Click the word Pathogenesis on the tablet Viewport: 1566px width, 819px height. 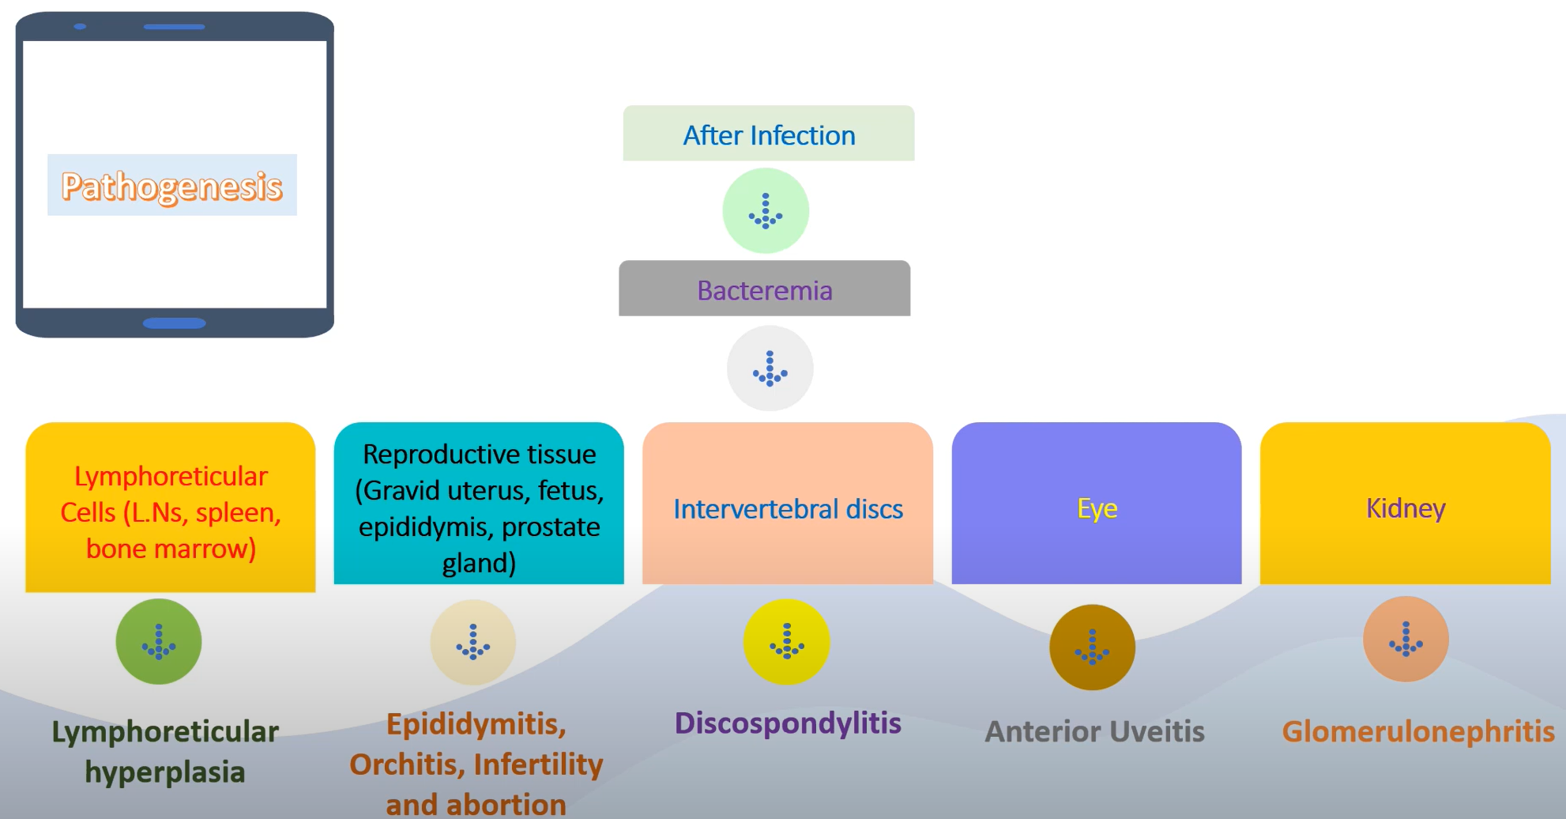tap(172, 187)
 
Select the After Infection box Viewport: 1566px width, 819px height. tap(769, 134)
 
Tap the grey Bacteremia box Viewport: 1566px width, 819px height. tap(764, 289)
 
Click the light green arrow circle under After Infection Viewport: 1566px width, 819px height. tap(766, 211)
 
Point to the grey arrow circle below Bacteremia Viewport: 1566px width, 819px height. tap(770, 368)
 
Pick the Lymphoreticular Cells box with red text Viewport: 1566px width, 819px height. tap(171, 510)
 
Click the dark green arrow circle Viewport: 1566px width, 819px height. tap(159, 641)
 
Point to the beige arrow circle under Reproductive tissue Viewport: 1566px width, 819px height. tap(473, 641)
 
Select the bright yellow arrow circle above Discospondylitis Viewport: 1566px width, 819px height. tap(787, 641)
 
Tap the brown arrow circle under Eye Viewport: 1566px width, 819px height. tap(1093, 647)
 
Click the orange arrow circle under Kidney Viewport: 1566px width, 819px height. tap(1406, 639)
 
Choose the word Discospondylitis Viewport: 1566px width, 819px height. tap(788, 723)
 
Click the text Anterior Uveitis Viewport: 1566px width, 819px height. tap(1094, 731)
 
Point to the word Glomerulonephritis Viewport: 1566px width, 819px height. tap(1417, 731)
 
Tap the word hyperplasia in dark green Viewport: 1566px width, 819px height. tap(165, 772)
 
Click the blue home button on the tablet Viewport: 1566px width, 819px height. tap(174, 323)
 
